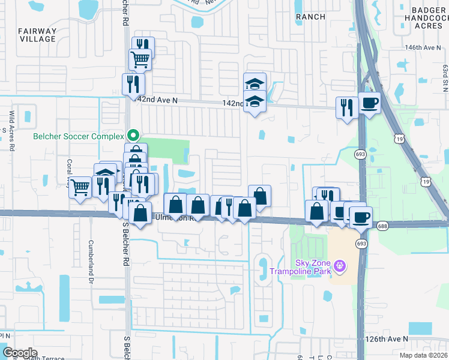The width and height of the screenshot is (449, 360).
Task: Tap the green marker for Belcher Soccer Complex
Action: pos(134,135)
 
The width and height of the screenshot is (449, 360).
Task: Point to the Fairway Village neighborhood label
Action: pos(37,34)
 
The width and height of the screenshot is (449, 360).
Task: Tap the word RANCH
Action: pos(310,17)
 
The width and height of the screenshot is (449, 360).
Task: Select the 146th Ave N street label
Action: pos(420,47)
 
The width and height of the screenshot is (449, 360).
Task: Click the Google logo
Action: pos(20,353)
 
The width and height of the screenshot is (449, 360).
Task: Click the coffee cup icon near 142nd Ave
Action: pos(369,102)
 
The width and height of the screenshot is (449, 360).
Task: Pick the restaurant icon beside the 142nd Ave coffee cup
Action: pos(346,107)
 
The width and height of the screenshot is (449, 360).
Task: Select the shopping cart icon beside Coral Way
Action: pos(80,187)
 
